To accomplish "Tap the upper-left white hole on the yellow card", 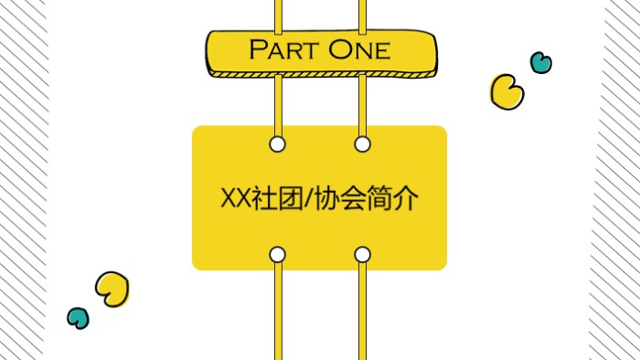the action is [x=278, y=143].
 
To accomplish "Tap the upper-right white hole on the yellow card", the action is [x=362, y=143].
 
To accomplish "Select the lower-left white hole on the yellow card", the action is [x=278, y=254].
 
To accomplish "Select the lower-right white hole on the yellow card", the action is [x=362, y=254].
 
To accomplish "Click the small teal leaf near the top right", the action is [x=541, y=62].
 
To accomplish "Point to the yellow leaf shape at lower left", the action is [x=112, y=289].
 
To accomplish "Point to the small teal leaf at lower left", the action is [x=79, y=318].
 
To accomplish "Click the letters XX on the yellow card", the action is [x=236, y=198].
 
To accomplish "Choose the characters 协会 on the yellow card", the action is [x=337, y=198].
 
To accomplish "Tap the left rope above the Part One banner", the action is [x=278, y=14].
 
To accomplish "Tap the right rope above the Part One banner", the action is [x=362, y=14].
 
